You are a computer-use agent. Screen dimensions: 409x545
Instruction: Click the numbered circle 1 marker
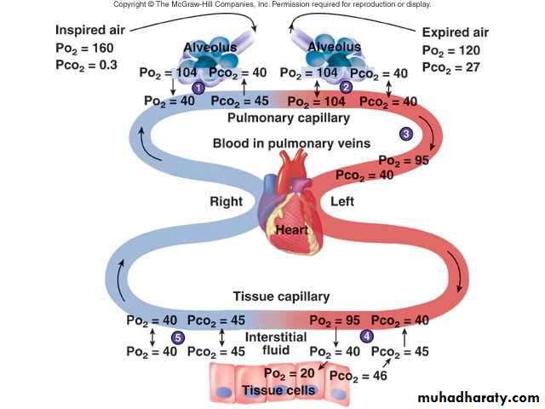[198, 88]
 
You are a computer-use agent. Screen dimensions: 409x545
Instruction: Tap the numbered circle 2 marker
[346, 87]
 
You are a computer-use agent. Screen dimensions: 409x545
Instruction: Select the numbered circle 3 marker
[406, 133]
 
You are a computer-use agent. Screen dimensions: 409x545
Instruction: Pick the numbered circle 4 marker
[367, 337]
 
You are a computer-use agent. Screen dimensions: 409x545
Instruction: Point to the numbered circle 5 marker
[178, 337]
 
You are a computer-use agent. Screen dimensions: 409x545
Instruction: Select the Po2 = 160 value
[84, 48]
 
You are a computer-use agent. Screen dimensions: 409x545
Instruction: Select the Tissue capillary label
[281, 297]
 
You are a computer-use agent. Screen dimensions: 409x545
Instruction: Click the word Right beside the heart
[227, 202]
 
